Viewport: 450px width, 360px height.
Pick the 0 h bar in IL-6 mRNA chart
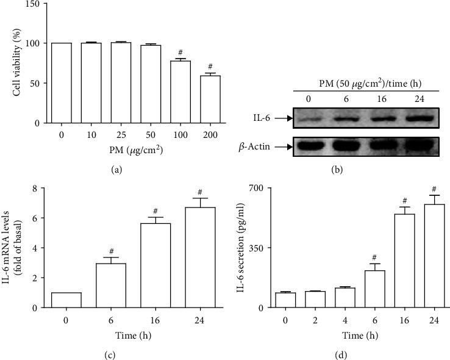66,300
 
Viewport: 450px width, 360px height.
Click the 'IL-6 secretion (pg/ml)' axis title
241,247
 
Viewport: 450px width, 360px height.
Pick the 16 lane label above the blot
383,98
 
